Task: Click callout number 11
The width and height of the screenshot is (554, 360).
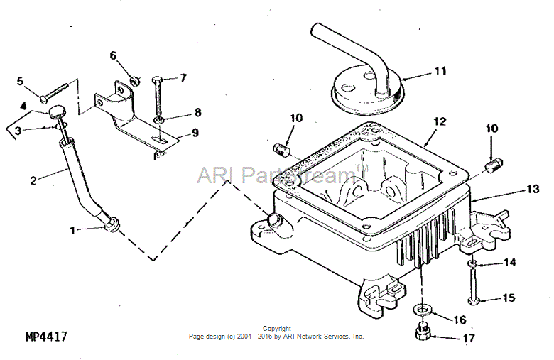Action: coord(441,72)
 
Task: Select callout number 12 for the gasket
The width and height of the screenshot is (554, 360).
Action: coord(440,121)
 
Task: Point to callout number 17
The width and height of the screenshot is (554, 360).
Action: coord(468,339)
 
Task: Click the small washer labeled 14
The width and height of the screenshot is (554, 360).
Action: coord(472,263)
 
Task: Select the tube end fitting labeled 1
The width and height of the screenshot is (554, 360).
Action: coord(112,226)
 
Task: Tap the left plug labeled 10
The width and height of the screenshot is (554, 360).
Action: coord(283,151)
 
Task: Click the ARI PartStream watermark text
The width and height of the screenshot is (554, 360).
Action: coord(273,174)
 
